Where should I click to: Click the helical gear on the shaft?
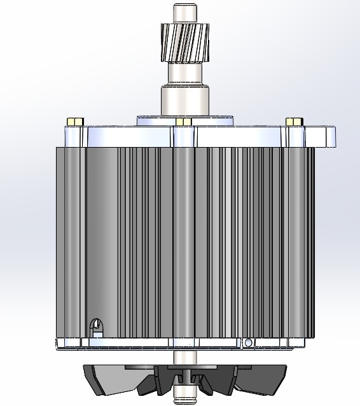[184, 43]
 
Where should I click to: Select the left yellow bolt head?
[74, 121]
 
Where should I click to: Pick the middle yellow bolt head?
[184, 121]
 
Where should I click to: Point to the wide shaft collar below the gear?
[184, 101]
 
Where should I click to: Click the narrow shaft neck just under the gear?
[184, 73]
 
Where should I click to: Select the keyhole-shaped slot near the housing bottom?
[97, 326]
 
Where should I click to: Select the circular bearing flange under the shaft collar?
[184, 119]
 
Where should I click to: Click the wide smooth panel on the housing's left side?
[102, 242]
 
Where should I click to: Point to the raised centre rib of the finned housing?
[183, 242]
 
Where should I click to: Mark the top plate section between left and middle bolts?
[127, 136]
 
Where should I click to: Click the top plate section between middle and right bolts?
[239, 136]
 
